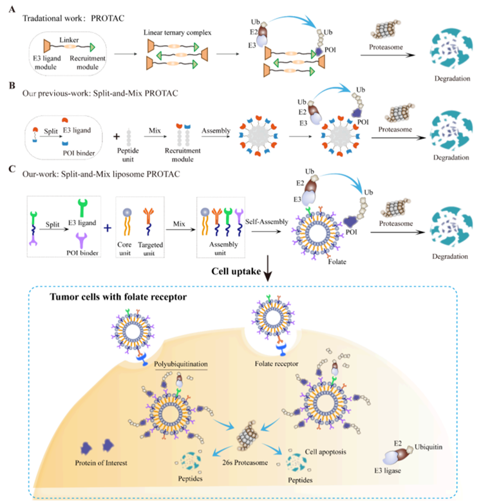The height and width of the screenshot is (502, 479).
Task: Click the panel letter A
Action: pyautogui.click(x=12, y=9)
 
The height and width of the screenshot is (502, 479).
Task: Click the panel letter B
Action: pyautogui.click(x=12, y=86)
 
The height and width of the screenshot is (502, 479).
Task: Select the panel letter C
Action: pyautogui.click(x=12, y=169)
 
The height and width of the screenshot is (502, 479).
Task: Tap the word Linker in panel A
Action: pyautogui.click(x=69, y=40)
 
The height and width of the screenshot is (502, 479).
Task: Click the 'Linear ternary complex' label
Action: pyautogui.click(x=178, y=33)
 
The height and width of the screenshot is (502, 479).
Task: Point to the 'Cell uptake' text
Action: pyautogui.click(x=236, y=271)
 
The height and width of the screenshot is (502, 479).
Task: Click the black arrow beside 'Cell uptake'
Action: pyautogui.click(x=268, y=268)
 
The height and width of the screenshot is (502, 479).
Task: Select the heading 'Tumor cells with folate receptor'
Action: pyautogui.click(x=118, y=297)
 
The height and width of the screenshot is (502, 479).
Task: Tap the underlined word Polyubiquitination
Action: pyautogui.click(x=181, y=364)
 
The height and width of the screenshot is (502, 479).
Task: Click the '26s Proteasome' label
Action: pyautogui.click(x=245, y=463)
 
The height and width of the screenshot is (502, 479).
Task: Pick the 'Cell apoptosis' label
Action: pyautogui.click(x=325, y=452)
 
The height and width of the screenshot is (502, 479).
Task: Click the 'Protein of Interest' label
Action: pyautogui.click(x=101, y=463)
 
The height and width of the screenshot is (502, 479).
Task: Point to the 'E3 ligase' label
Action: pyautogui.click(x=388, y=470)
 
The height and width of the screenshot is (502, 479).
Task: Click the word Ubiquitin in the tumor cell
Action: pyautogui.click(x=428, y=447)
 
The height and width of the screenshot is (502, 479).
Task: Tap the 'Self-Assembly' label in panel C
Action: pyautogui.click(x=267, y=221)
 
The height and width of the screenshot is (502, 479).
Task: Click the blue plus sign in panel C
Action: pyautogui.click(x=108, y=228)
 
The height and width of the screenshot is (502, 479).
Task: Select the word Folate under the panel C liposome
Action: pyautogui.click(x=337, y=261)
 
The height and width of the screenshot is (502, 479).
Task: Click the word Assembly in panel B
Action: pyautogui.click(x=216, y=131)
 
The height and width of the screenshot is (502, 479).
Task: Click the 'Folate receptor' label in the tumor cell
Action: pyautogui.click(x=276, y=364)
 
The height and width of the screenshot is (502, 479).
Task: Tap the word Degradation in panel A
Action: pyautogui.click(x=452, y=79)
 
